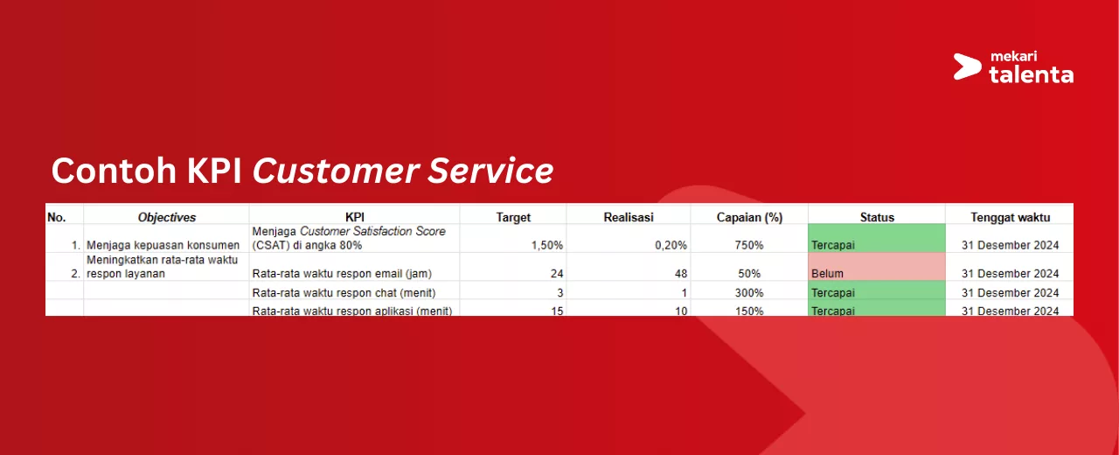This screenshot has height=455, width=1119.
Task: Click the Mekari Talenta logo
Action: [x=1013, y=67]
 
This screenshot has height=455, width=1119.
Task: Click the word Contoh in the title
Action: [x=114, y=171]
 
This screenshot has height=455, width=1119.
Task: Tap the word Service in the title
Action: [x=490, y=171]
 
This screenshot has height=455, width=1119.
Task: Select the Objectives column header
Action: [x=166, y=217]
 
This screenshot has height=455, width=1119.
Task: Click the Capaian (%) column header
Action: [x=749, y=217]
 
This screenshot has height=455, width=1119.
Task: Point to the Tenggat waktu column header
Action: [x=1010, y=217]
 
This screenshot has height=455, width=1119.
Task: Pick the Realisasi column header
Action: [x=629, y=217]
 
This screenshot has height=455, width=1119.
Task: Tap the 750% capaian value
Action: [x=749, y=245]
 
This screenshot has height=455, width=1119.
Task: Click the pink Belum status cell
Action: [x=877, y=267]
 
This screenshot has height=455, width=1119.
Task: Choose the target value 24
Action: [x=557, y=274]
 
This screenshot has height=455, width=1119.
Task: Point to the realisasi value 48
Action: [x=680, y=274]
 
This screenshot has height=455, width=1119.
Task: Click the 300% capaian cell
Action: [x=749, y=292]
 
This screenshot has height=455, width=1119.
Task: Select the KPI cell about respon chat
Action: [x=344, y=292]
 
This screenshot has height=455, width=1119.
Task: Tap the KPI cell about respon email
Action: [x=342, y=274]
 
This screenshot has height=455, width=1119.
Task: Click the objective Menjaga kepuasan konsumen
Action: [x=163, y=245]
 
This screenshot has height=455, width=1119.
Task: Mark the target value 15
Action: [x=557, y=311]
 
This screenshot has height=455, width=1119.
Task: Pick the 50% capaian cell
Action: [x=749, y=274]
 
